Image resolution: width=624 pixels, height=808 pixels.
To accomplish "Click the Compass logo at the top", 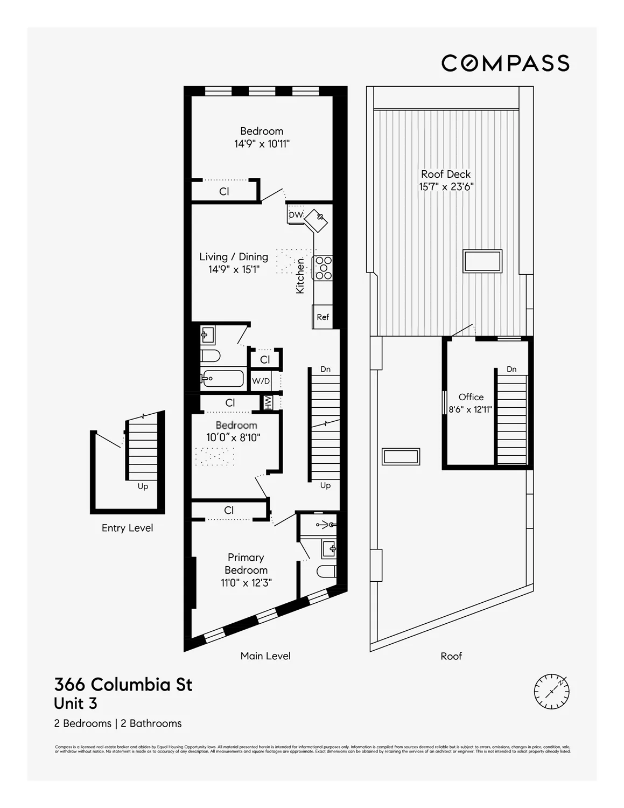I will [x=505, y=63].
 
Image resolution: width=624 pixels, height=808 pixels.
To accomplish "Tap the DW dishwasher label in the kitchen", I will [x=296, y=215].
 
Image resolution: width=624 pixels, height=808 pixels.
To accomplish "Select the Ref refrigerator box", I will [x=322, y=317].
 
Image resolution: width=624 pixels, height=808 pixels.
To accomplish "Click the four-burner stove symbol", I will [x=324, y=268].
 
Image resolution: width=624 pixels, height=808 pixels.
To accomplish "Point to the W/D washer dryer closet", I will [x=261, y=381].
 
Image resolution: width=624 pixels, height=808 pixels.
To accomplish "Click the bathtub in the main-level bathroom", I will [x=222, y=378].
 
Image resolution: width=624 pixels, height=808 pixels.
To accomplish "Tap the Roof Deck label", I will [x=446, y=174].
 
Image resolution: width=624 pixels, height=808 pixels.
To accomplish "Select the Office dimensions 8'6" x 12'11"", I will [x=471, y=409].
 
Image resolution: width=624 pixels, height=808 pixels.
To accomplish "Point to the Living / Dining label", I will [x=234, y=257].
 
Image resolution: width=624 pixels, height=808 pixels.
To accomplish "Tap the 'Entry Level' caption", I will [x=127, y=528].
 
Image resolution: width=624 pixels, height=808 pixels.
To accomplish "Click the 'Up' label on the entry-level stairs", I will [x=143, y=486].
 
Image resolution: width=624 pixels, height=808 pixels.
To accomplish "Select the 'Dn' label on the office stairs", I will [x=511, y=369].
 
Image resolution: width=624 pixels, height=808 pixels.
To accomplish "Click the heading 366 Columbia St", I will [x=123, y=685].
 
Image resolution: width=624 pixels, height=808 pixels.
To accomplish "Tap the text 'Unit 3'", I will [x=75, y=703].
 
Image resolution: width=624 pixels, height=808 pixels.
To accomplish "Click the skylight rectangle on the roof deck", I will [x=483, y=261].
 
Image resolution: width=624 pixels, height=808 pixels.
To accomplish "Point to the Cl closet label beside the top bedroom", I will [x=224, y=191].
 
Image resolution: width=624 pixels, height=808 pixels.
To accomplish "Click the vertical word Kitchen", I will [x=300, y=276].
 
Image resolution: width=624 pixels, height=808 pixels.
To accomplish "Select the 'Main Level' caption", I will [x=265, y=656].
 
